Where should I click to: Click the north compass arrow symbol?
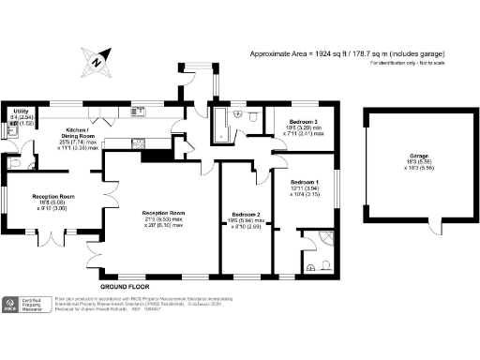pyautogui.click(x=97, y=63)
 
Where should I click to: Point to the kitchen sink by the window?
pyautogui.click(x=138, y=111)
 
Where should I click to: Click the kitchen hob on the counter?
pyautogui.click(x=139, y=143)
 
